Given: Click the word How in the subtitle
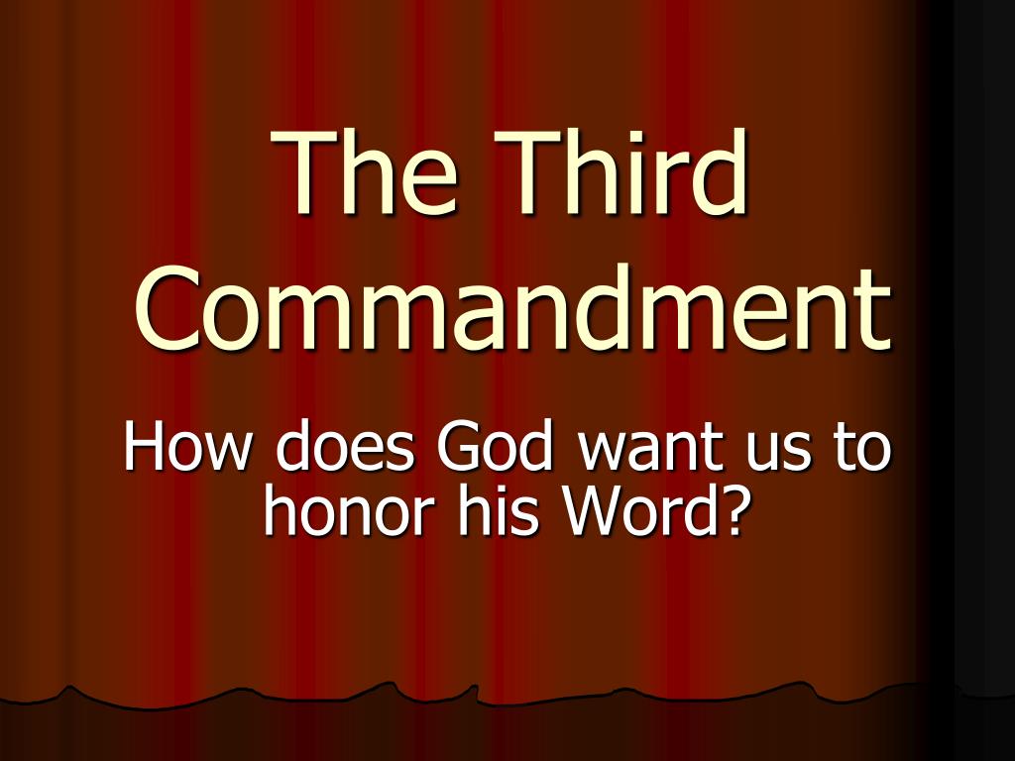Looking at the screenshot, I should [x=189, y=448].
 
